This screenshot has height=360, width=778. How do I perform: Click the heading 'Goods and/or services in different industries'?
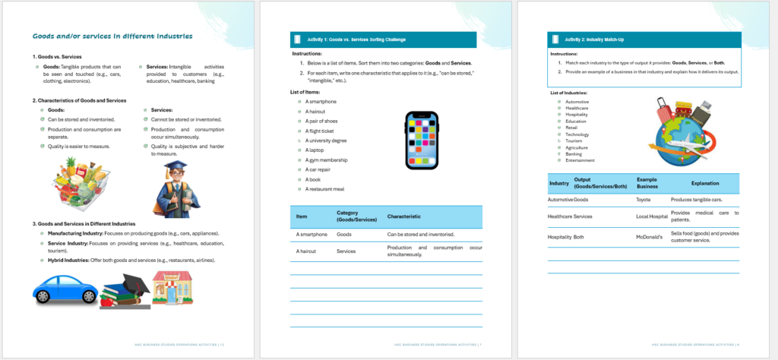[112, 36]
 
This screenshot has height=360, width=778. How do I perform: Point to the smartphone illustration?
[422, 140]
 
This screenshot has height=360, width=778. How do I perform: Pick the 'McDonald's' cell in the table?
[650, 237]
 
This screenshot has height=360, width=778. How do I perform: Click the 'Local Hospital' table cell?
[652, 216]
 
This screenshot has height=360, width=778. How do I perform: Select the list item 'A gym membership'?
[327, 160]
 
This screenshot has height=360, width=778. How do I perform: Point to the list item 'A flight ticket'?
[322, 131]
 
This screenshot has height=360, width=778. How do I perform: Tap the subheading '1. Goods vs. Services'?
[57, 57]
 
